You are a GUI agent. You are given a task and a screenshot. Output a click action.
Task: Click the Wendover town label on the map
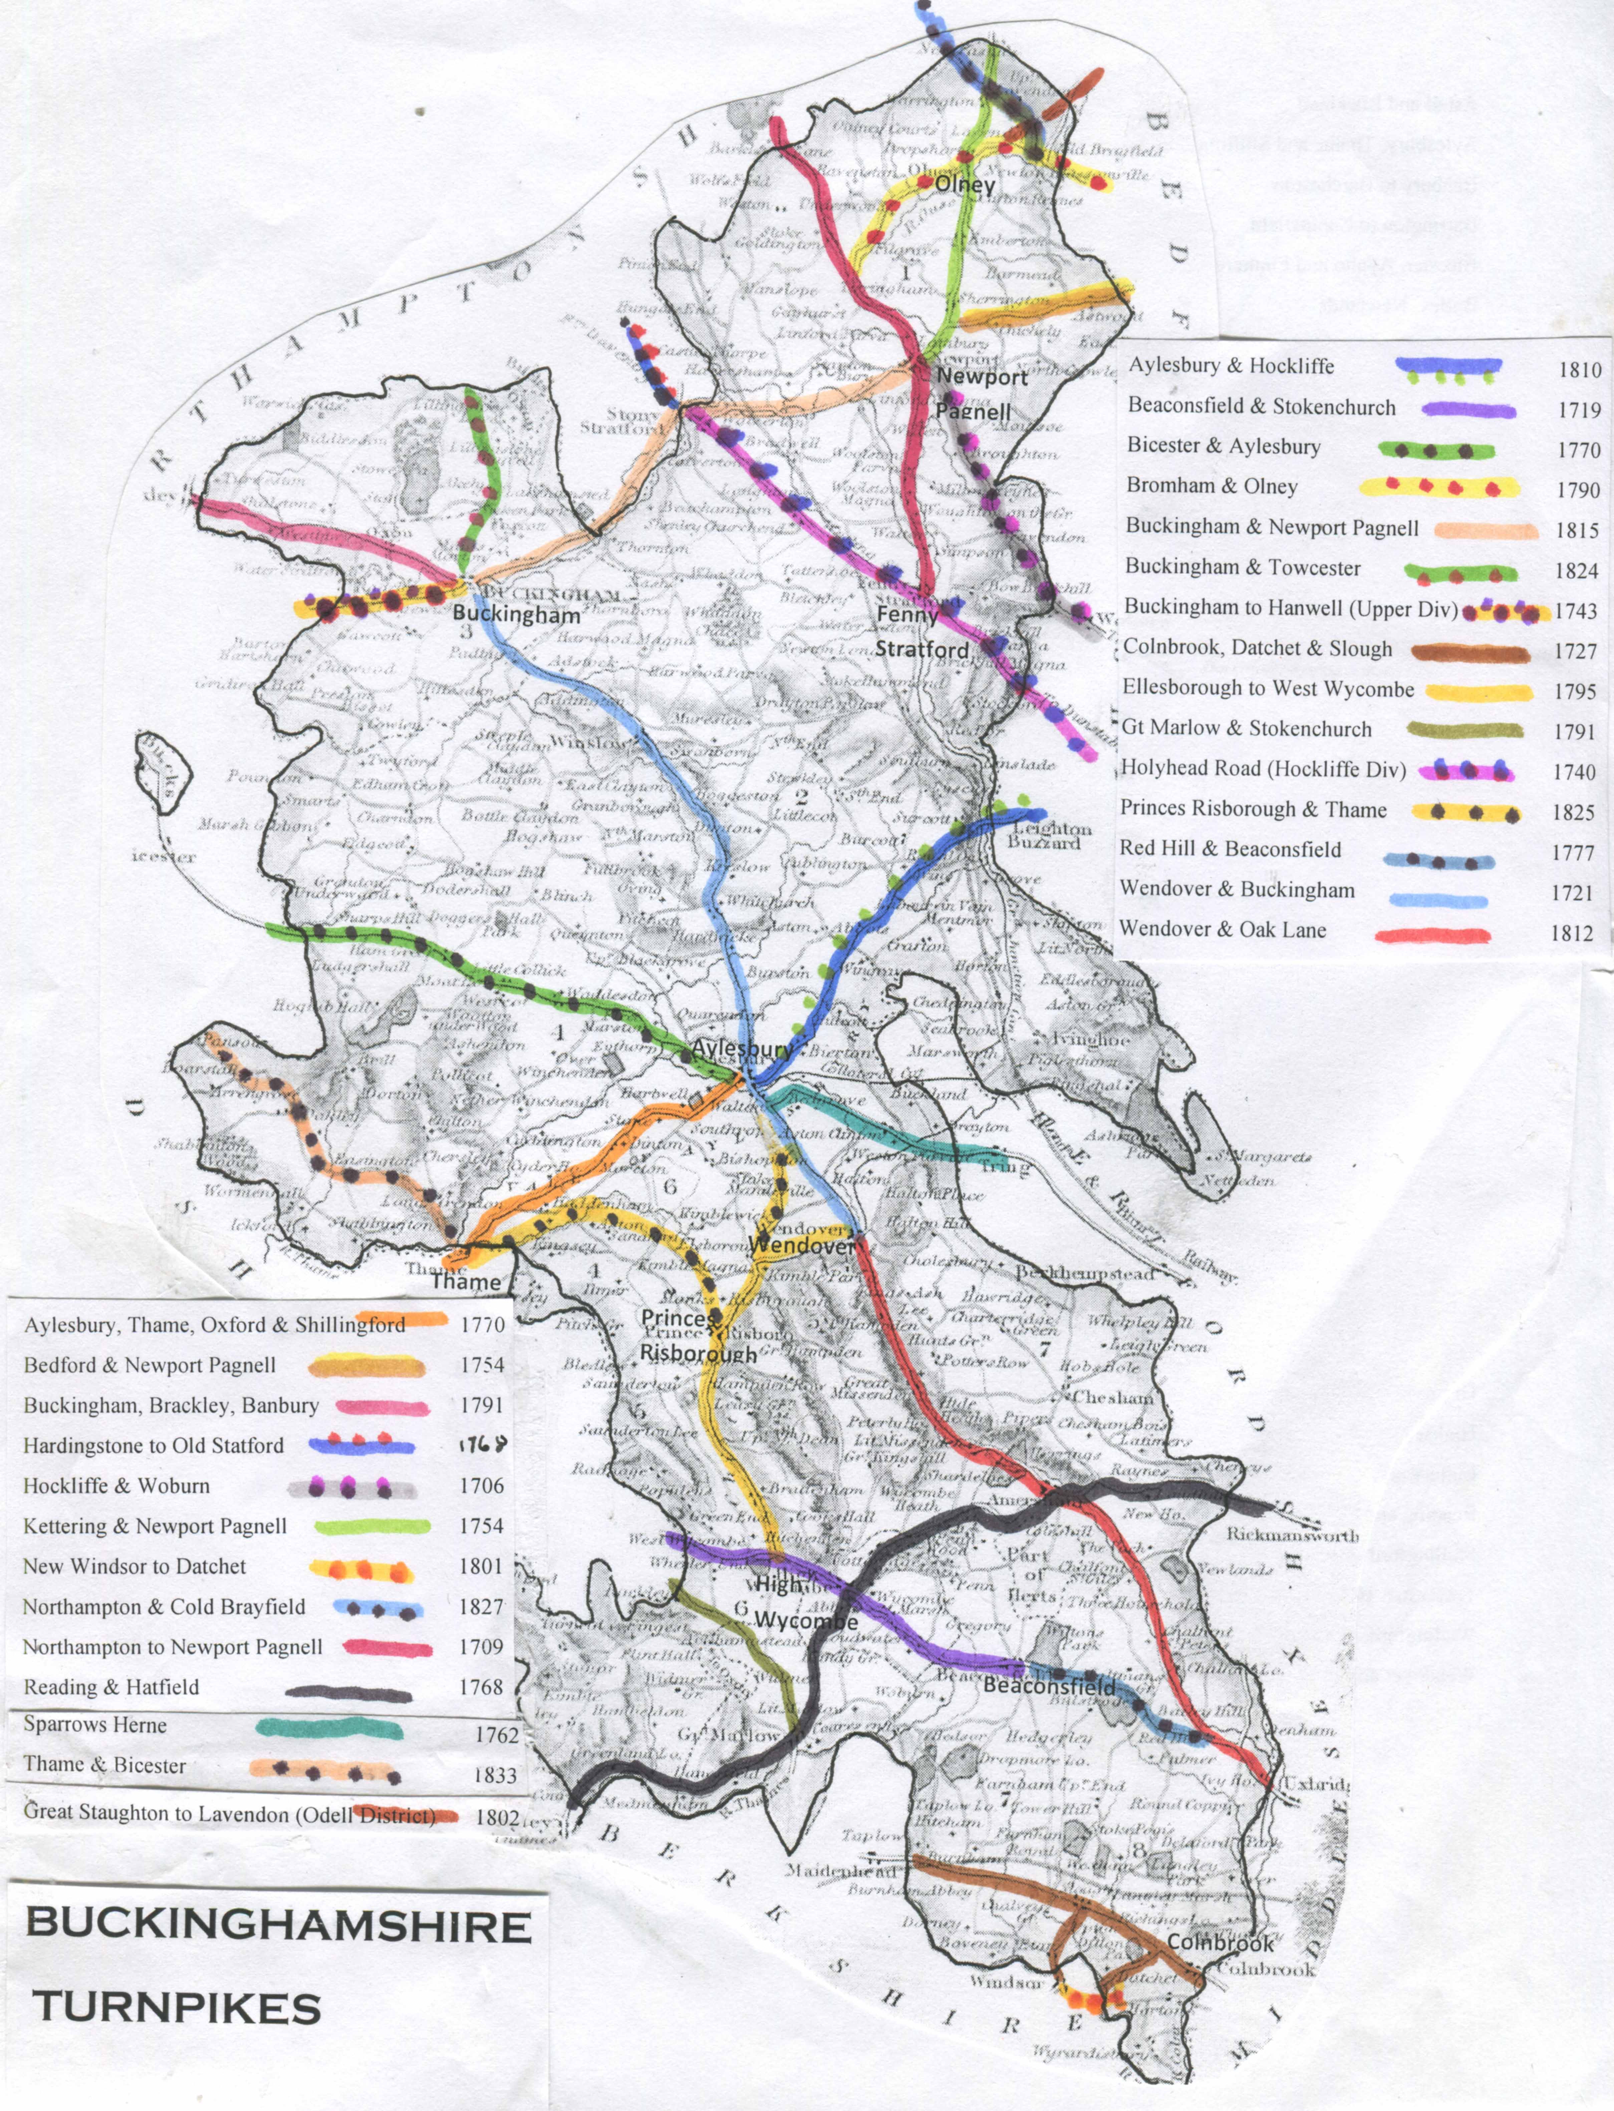(800, 1245)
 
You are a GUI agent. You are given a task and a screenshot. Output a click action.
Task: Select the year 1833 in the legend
(495, 1776)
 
